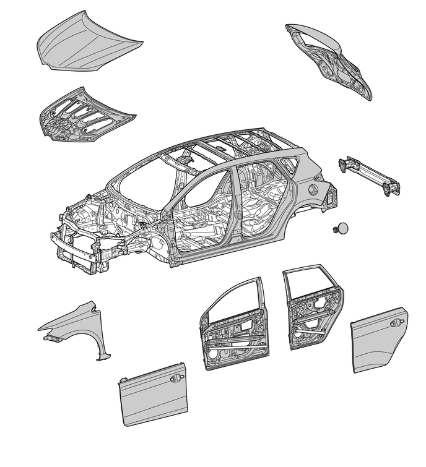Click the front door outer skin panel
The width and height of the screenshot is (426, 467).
152,396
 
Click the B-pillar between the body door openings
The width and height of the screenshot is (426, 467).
233,210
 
